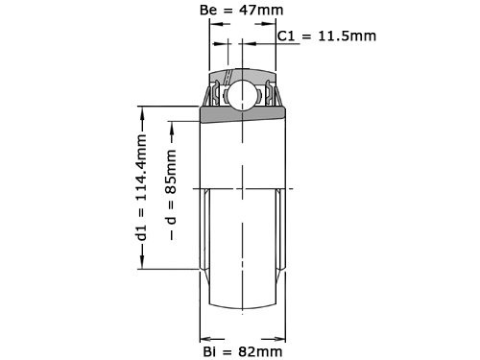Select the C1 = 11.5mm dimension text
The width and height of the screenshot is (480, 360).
coord(326,36)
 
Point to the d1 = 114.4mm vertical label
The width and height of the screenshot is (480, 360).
coord(140,187)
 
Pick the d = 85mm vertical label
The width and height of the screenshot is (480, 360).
coord(172,187)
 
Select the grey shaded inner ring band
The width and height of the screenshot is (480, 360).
coord(242,115)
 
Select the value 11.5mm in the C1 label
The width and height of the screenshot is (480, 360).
coord(345,36)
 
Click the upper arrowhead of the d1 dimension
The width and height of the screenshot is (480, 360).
coord(140,109)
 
